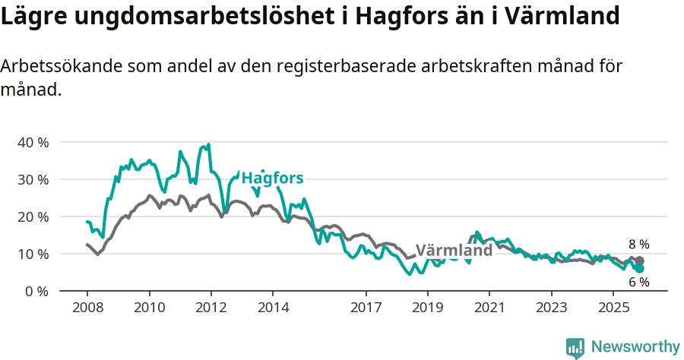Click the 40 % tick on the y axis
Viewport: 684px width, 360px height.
pos(33,142)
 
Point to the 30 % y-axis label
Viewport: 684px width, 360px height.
pos(33,179)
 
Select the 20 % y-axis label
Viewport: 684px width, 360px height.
pos(33,216)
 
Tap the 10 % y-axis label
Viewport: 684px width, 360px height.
pos(33,254)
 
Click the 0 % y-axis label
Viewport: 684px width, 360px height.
pos(36,291)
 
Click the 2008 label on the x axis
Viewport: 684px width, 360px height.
pos(87,308)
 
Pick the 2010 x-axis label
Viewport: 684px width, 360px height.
pos(149,308)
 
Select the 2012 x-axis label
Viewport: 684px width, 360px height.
pos(211,308)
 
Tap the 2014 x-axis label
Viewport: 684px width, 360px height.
pos(273,308)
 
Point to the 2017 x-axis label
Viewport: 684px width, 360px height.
pos(366,308)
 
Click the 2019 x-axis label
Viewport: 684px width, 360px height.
pos(427,308)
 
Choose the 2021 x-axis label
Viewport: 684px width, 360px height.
pos(489,308)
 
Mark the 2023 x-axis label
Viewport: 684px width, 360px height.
pos(551,308)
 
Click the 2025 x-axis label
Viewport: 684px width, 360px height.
pos(613,308)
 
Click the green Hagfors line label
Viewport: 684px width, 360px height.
pos(272,178)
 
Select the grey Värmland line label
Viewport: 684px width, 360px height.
pos(454,251)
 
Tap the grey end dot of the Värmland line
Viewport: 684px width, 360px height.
pos(640,261)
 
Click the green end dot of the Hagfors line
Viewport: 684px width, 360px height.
pos(640,269)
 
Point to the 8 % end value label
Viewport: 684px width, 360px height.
pos(638,245)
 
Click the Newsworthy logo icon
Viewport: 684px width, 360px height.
pos(575,348)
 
